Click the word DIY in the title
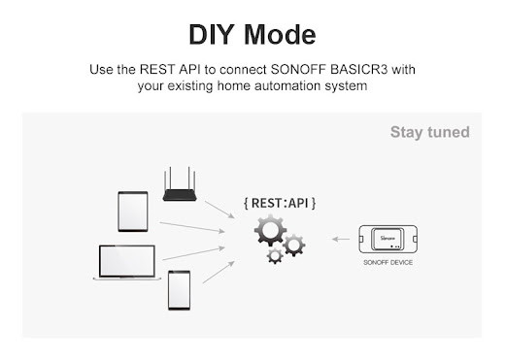212,35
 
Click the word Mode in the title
280,35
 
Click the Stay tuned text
430,132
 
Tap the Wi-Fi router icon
180,184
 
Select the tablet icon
133,212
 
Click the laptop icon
127,262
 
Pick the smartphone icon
179,290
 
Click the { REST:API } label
280,203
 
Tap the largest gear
270,230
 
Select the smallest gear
275,256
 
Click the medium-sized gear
293,245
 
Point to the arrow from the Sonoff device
341,240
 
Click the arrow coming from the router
219,210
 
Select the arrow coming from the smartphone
219,272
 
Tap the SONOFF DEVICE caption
388,262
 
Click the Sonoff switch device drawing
388,239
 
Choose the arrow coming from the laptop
193,253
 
